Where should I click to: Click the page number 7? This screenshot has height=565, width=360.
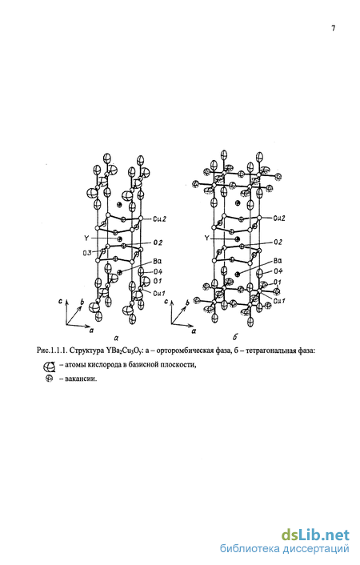pyautogui.click(x=334, y=28)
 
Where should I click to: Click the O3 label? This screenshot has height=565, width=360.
pyautogui.click(x=87, y=252)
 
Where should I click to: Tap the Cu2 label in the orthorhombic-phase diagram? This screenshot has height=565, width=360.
pyautogui.click(x=159, y=218)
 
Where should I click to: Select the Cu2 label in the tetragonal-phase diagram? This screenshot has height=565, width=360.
pyautogui.click(x=279, y=218)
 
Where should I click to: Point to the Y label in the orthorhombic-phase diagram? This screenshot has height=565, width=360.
pyautogui.click(x=86, y=238)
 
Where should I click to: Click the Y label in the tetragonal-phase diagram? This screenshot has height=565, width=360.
pyautogui.click(x=206, y=238)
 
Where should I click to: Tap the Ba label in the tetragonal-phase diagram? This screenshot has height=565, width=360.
pyautogui.click(x=278, y=261)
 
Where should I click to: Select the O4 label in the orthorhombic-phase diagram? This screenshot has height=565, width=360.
pyautogui.click(x=158, y=271)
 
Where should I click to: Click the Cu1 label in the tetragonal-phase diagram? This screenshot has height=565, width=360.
pyautogui.click(x=279, y=301)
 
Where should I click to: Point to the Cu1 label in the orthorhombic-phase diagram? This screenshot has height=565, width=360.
pyautogui.click(x=159, y=294)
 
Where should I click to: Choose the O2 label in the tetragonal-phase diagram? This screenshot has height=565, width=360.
pyautogui.click(x=278, y=242)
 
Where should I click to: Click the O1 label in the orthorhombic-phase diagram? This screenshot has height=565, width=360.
pyautogui.click(x=158, y=281)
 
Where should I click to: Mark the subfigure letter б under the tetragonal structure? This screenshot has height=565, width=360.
pyautogui.click(x=235, y=337)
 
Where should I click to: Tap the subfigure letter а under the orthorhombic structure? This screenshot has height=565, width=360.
pyautogui.click(x=116, y=338)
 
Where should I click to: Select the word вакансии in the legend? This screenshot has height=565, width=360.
pyautogui.click(x=81, y=379)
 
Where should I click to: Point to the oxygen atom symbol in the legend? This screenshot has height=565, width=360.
pyautogui.click(x=49, y=367)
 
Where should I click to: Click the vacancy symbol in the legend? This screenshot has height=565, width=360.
pyautogui.click(x=49, y=379)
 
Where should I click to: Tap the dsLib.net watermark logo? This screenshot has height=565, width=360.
pyautogui.click(x=315, y=535)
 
